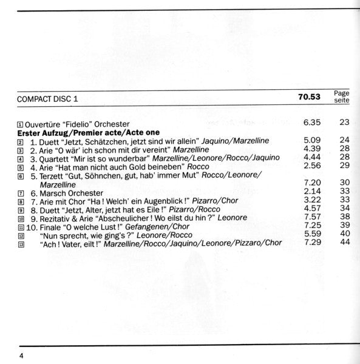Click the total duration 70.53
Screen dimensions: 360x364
[x=310, y=97]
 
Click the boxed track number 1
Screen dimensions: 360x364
[x=21, y=124]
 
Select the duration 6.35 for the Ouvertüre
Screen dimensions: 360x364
[x=311, y=123]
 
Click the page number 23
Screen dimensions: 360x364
[x=345, y=123]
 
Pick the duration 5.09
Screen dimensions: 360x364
[x=311, y=140]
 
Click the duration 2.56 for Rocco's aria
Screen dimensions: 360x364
[x=311, y=166]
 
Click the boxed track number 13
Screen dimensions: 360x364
[x=21, y=243]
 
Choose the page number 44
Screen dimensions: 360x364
[x=345, y=243]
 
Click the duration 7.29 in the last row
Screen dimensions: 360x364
[x=311, y=243]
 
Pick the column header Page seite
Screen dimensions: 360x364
[x=342, y=96]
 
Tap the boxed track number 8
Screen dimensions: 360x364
[x=21, y=201]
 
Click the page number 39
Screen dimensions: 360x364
[x=345, y=225]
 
